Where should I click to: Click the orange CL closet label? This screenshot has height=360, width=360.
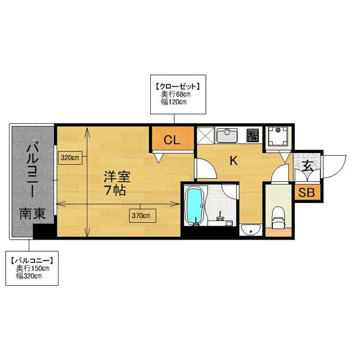pyautogui.click(x=172, y=140)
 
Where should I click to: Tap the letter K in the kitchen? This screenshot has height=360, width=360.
pyautogui.click(x=233, y=161)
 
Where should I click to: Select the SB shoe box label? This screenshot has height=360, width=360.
pyautogui.click(x=307, y=193)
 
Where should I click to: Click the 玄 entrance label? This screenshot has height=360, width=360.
pyautogui.click(x=308, y=166)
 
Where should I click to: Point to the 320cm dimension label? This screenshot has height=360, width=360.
pyautogui.click(x=70, y=157)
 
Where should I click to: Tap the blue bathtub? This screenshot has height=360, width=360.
pyautogui.click(x=195, y=206)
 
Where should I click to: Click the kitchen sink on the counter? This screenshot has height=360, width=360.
pyautogui.click(x=229, y=135)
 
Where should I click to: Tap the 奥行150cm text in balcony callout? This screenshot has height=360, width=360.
pyautogui.click(x=33, y=268)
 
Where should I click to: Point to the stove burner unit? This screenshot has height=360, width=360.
pyautogui.click(x=252, y=135)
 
